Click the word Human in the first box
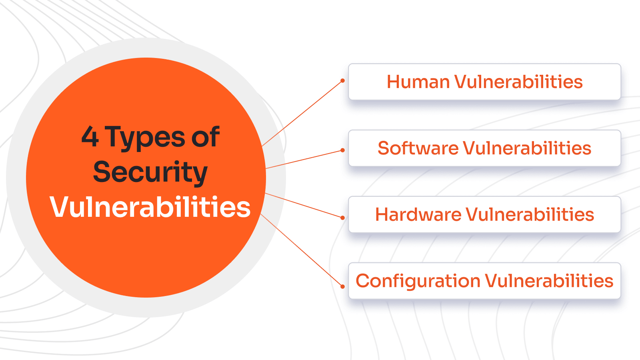coord(418,82)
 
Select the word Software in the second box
coord(418,148)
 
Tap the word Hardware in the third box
coord(418,215)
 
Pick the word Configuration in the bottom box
coord(418,281)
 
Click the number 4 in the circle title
coord(90,137)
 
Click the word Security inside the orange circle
coord(150,172)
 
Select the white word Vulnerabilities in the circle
coord(150,207)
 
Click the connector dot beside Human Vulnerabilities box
coord(342,81)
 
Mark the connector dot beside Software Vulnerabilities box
coord(342,150)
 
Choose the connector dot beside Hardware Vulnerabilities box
coord(342,218)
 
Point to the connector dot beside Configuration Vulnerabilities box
coord(342,286)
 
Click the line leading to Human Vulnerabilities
coord(302,114)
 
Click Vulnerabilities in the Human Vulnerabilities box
coord(518,82)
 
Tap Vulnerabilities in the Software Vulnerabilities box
coord(527,148)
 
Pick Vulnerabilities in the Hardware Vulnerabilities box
coord(530,215)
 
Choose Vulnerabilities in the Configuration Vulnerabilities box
coord(549,281)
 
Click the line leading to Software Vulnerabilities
coord(304,159)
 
